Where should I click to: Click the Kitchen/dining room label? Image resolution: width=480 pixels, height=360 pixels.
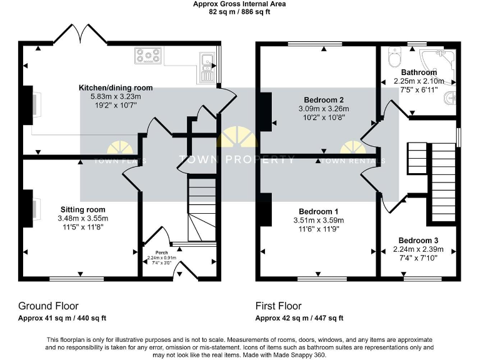click(x=116, y=87)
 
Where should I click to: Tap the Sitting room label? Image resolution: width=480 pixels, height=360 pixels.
click(x=82, y=209)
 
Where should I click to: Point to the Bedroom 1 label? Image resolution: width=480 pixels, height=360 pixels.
click(x=319, y=211)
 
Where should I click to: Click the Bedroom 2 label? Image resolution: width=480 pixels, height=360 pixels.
click(x=323, y=100)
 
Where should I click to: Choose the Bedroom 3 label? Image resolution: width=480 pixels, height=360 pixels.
click(x=418, y=241)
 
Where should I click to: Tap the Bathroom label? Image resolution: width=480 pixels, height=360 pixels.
click(x=419, y=72)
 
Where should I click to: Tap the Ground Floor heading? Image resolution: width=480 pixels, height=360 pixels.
click(x=48, y=306)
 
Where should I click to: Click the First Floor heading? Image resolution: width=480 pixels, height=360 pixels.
click(x=278, y=306)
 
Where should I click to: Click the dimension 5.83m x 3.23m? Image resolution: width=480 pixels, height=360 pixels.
click(x=116, y=96)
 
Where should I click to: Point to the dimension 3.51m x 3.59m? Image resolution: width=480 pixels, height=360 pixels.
click(x=319, y=220)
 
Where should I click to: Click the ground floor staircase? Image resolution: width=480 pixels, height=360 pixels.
click(x=201, y=212)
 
